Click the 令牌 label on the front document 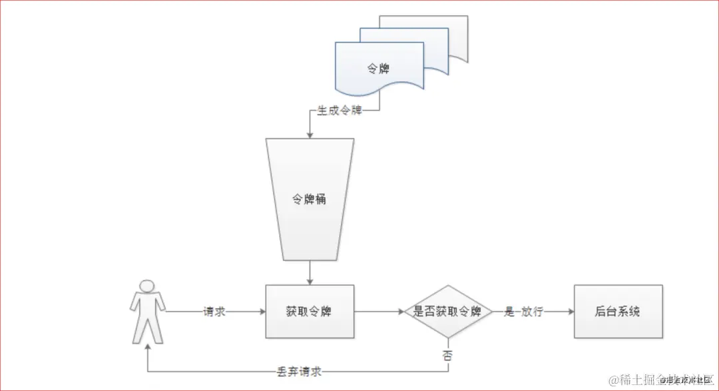click(379, 68)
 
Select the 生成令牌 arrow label click(340, 111)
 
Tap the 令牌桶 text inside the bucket click(310, 199)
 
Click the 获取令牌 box click(310, 311)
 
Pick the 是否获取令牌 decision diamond click(447, 311)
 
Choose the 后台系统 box click(618, 311)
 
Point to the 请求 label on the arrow click(214, 311)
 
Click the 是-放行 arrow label click(524, 311)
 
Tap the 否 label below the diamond click(447, 354)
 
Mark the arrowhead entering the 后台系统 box click(570, 311)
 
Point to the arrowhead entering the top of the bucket click(310, 135)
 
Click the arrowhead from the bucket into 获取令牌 click(310, 281)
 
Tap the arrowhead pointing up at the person click(147, 348)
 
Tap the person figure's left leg click(140, 330)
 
